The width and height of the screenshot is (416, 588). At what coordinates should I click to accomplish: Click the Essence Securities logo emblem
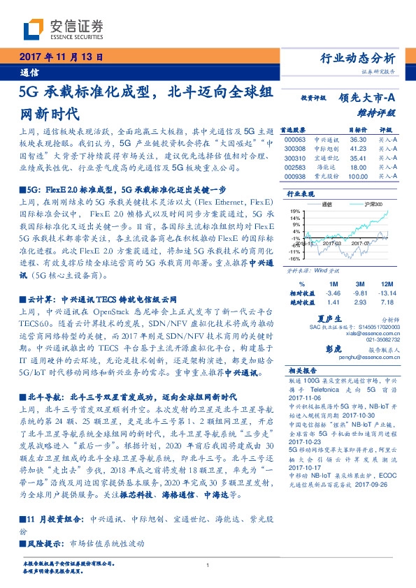[x=35, y=28]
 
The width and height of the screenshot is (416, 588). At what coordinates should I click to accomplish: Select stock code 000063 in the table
[x=296, y=140]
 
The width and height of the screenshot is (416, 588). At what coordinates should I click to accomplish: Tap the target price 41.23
[x=357, y=149]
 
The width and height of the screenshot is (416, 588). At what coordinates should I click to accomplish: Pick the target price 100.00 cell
[x=356, y=177]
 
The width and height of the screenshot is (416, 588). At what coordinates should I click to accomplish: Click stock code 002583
[x=296, y=168]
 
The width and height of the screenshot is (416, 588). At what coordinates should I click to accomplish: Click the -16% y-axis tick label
[x=295, y=258]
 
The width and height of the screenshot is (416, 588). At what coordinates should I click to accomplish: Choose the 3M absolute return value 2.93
[x=359, y=303]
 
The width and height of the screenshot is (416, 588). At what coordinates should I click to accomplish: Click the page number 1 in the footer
[x=208, y=565]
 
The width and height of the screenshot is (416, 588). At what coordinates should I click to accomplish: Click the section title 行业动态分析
[x=361, y=59]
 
